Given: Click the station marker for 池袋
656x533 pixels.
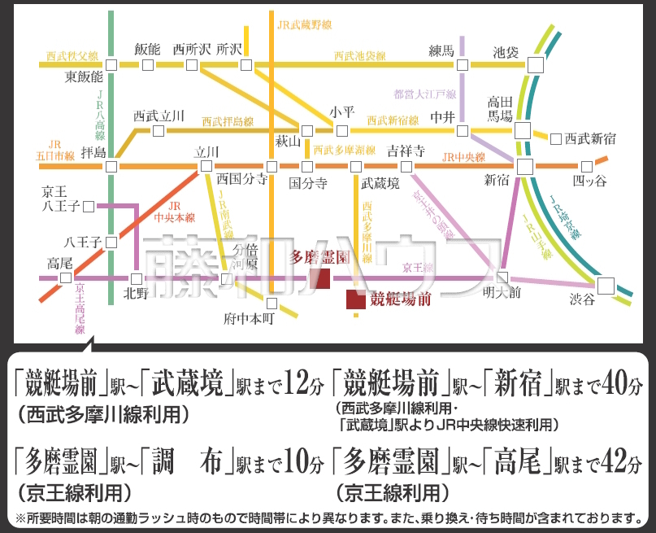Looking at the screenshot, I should click(536, 64).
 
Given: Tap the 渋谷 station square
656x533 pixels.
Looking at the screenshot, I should click(606, 286).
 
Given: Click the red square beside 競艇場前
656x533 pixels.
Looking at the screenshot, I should click(355, 299).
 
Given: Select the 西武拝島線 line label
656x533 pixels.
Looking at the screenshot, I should click(228, 121).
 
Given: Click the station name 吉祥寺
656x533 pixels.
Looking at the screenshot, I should click(406, 151).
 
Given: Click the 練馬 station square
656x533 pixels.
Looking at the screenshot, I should click(462, 64).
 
